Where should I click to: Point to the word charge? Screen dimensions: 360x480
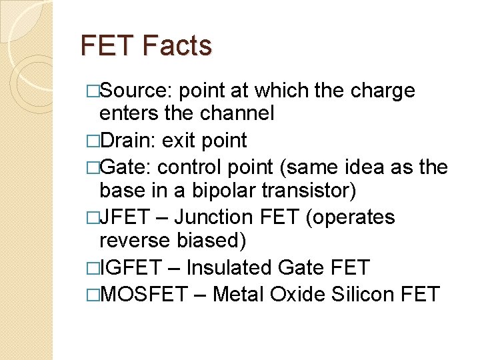385,91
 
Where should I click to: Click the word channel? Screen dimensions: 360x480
238,114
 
